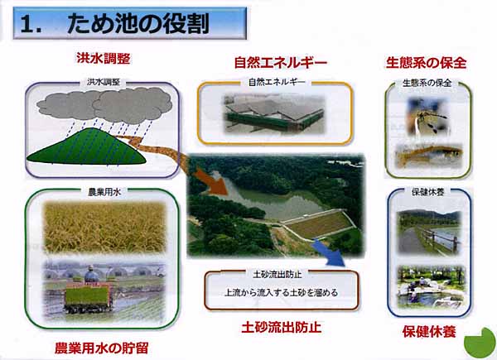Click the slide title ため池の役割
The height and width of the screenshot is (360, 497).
point(138,24)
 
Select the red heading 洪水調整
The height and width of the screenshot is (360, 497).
point(104,59)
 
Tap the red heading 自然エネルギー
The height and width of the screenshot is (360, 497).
point(281,62)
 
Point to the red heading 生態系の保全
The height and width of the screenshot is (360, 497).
point(426,63)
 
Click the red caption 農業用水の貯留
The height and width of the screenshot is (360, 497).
point(101,348)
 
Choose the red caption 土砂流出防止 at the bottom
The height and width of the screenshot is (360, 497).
point(282,327)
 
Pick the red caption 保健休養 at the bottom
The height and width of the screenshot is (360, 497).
point(429,332)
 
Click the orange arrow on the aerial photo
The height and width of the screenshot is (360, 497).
point(210,181)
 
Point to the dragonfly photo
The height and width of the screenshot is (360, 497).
point(427,117)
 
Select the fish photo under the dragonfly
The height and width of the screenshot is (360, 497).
point(429,156)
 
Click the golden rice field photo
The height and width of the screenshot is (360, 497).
point(104,227)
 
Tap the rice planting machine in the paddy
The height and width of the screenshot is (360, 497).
point(89,293)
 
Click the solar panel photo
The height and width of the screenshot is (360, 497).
point(274,114)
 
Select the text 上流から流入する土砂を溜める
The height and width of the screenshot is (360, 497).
point(281,293)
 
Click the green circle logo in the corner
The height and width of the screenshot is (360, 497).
point(480,343)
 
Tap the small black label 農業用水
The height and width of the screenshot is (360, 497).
point(104,192)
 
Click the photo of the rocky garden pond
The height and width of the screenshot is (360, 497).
point(432,287)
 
